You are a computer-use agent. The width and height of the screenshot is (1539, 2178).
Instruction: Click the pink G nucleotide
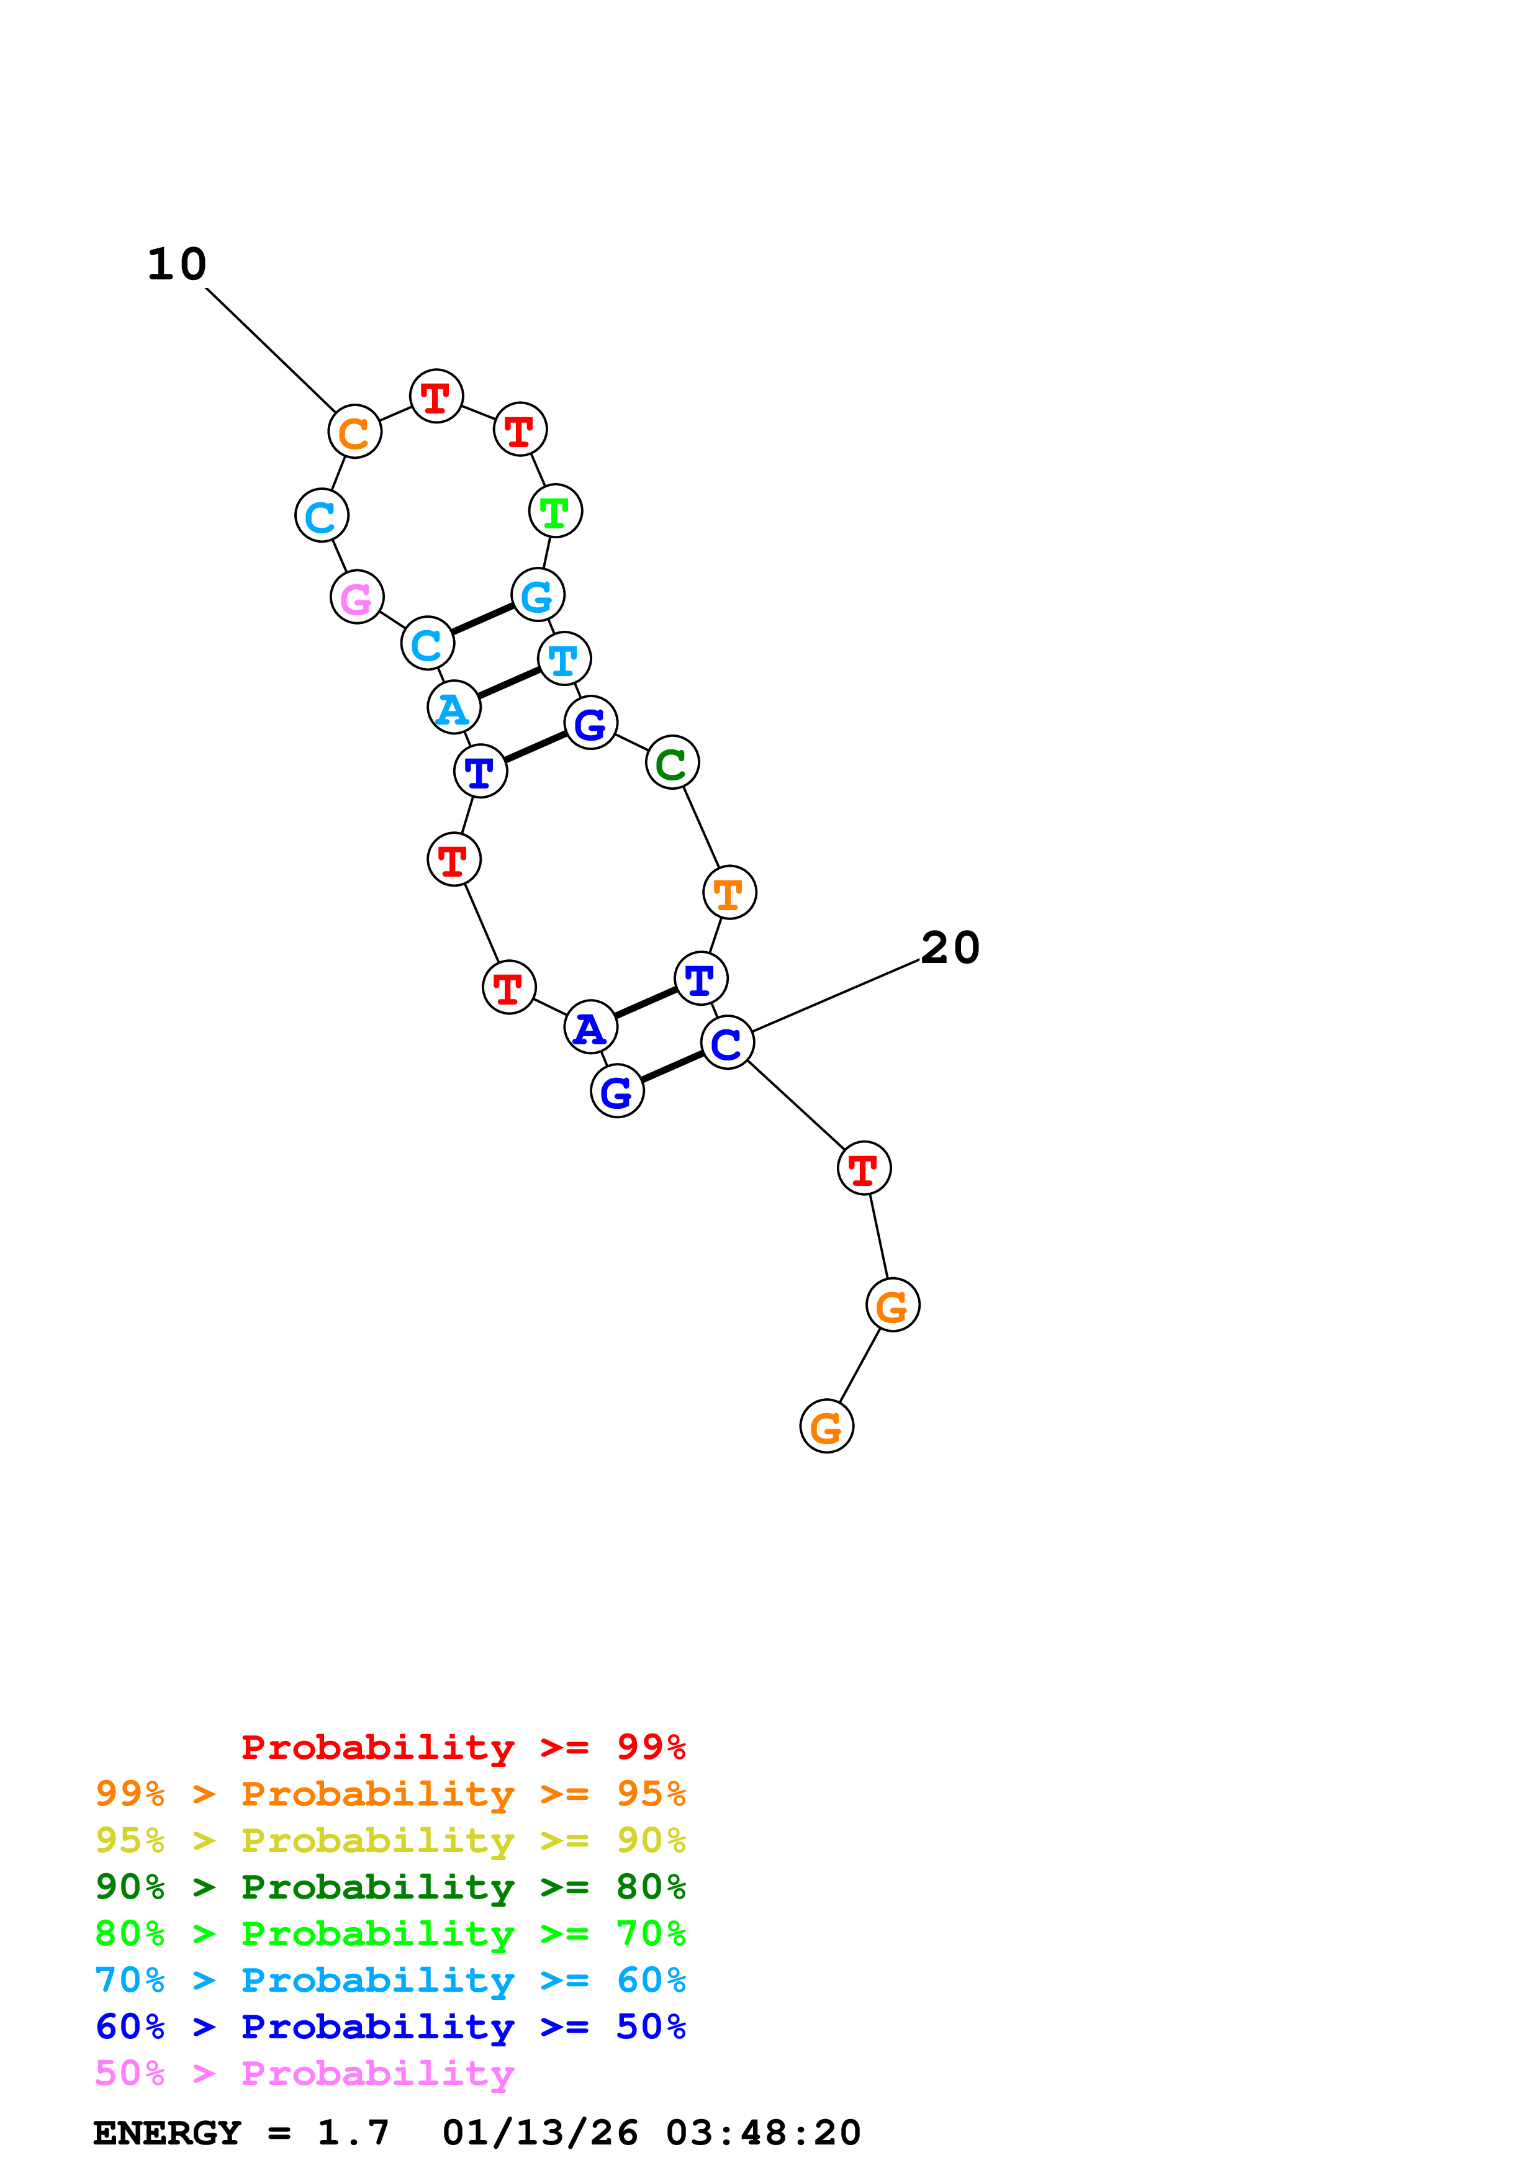click(x=356, y=598)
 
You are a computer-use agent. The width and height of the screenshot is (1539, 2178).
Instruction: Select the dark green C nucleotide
click(x=672, y=762)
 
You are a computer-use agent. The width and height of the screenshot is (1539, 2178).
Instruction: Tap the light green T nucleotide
click(x=556, y=512)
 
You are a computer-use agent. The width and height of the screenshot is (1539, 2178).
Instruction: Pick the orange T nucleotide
click(x=729, y=893)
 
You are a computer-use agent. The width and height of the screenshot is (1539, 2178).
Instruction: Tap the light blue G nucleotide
click(x=538, y=596)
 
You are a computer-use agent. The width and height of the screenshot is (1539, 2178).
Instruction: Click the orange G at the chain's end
click(x=827, y=1427)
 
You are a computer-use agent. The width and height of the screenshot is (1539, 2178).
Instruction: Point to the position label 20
click(x=950, y=947)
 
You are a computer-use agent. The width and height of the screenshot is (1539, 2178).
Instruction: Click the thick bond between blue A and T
click(x=646, y=1003)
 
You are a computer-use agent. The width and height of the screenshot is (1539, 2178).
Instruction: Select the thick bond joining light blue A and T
click(x=509, y=683)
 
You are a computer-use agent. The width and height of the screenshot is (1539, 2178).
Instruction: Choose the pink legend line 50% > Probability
click(x=304, y=2074)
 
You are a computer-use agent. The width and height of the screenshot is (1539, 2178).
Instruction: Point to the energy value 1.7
click(x=353, y=2133)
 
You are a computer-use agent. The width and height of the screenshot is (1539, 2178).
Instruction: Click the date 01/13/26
click(x=539, y=2133)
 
